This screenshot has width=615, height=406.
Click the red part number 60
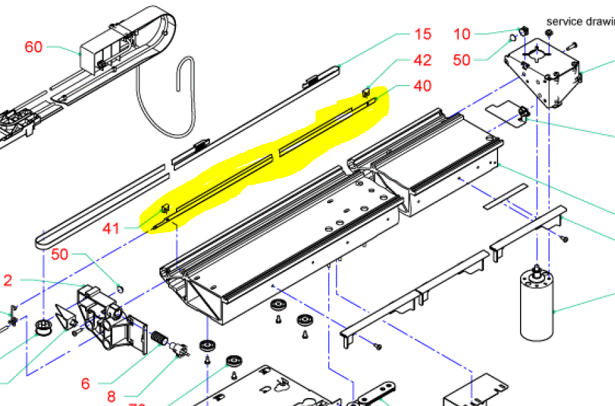pos(34,47)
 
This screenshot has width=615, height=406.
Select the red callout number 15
pos(423,34)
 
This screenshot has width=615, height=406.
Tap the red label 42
pos(422,60)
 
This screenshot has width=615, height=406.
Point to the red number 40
pos(422,86)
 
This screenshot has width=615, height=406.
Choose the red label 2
pos(7,280)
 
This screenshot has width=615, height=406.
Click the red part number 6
pos(85,383)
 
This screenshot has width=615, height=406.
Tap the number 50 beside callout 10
pos(462,60)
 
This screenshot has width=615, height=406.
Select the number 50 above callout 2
pos(59,254)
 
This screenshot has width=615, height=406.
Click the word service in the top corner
pos(564,21)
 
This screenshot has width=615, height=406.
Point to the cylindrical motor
pos(537,303)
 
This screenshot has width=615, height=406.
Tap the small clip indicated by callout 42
pos(367,92)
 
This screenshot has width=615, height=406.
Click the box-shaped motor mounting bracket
pos(541,73)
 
